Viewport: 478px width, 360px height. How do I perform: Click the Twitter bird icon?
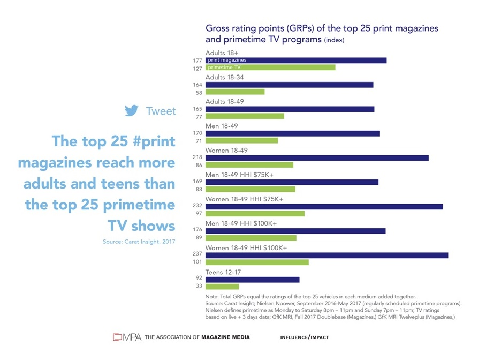tap(132, 111)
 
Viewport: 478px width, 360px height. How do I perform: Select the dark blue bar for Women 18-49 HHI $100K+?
tap(327, 255)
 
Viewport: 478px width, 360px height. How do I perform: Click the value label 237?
tap(197, 255)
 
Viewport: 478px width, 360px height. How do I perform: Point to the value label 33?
tap(199, 287)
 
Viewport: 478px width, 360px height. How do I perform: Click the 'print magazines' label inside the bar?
tap(224, 61)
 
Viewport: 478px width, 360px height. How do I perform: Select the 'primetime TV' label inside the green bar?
tap(223, 68)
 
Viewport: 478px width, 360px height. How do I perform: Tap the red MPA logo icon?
tap(118, 337)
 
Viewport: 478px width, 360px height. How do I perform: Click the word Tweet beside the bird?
tap(161, 111)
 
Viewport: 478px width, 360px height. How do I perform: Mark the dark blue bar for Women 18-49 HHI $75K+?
tap(324, 206)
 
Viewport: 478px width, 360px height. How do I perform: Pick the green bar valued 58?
tap(235, 92)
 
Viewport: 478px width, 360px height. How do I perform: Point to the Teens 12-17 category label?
tap(223, 272)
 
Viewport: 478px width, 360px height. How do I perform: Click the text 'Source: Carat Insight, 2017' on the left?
tap(139, 242)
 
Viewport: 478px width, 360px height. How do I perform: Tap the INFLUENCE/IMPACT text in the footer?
tap(304, 337)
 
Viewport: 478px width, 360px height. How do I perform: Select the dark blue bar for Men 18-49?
tap(292, 133)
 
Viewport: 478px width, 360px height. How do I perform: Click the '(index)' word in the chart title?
tap(334, 40)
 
